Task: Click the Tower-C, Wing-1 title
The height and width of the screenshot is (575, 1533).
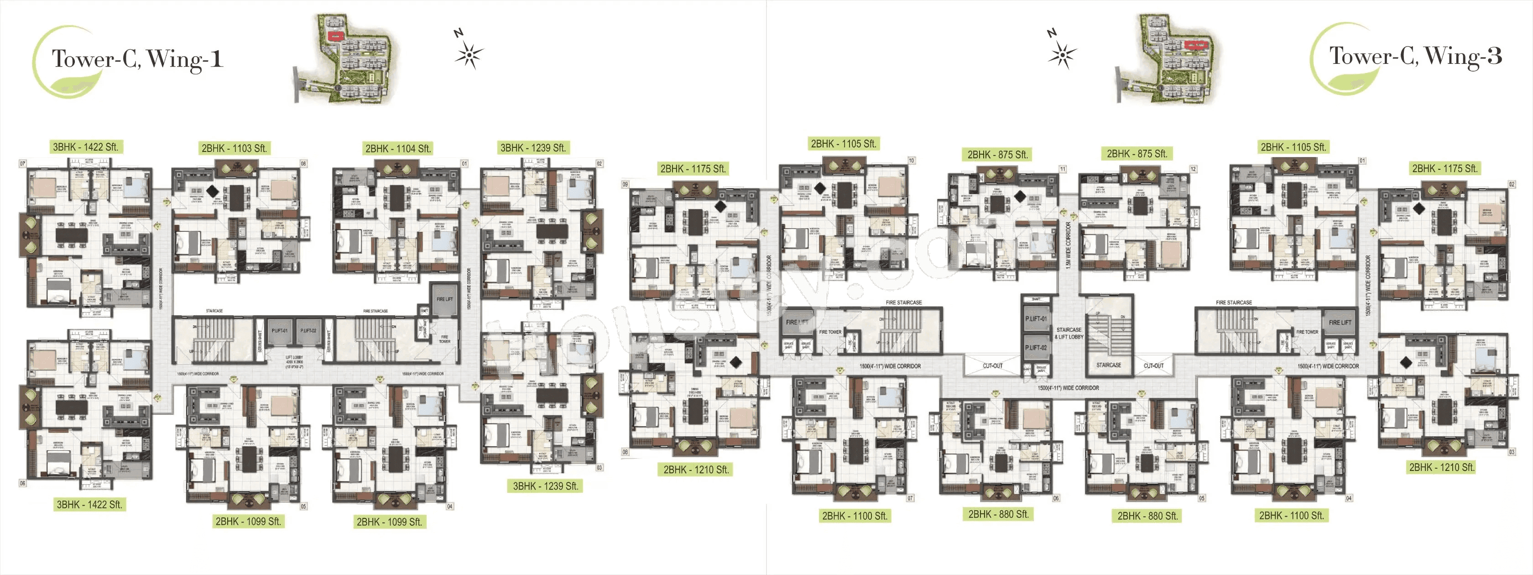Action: [137, 59]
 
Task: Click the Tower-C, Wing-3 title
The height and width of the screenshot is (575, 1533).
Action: [1415, 57]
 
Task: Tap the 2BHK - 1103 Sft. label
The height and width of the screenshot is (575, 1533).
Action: [234, 148]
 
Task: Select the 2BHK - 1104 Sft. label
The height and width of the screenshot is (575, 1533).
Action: [397, 148]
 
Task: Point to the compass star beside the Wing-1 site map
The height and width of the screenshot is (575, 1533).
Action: [469, 55]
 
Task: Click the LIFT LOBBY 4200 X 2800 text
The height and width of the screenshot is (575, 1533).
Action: [294, 361]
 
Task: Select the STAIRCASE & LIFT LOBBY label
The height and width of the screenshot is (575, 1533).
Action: [1069, 333]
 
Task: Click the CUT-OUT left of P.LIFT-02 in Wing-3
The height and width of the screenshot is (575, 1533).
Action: [993, 366]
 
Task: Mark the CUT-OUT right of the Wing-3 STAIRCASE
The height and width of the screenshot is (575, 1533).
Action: [1153, 366]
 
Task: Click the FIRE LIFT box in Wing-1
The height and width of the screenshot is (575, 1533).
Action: [444, 299]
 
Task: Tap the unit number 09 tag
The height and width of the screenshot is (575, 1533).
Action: [625, 184]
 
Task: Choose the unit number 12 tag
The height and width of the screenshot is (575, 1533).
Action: [1193, 169]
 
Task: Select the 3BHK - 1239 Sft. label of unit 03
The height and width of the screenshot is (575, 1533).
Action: [545, 486]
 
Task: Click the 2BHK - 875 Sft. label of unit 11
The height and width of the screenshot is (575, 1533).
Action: [997, 154]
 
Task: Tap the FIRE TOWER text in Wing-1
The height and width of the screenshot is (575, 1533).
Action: [444, 339]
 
